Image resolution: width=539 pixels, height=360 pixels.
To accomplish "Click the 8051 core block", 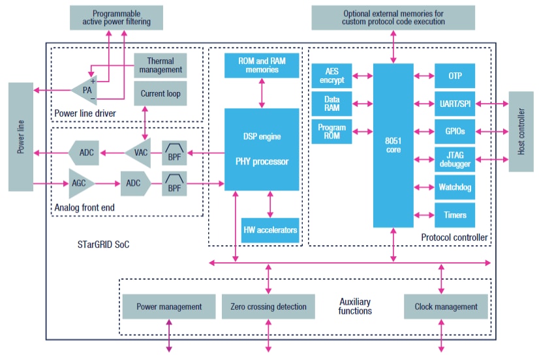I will click(x=393, y=145).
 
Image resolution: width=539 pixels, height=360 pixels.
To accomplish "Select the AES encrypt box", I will click(x=331, y=75).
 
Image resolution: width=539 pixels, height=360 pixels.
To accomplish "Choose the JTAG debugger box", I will click(x=455, y=158).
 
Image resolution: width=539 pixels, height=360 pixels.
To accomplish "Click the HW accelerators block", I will click(x=270, y=230).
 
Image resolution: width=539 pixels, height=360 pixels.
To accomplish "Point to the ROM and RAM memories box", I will click(x=262, y=64).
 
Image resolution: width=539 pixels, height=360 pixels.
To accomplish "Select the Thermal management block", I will click(x=160, y=65).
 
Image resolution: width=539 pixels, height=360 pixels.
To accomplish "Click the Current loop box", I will click(x=160, y=93).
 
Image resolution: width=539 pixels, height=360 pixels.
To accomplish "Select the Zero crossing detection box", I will click(x=268, y=307).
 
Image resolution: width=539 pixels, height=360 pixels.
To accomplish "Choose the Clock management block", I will click(x=446, y=307).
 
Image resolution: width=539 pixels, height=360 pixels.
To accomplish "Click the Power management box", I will click(x=168, y=307).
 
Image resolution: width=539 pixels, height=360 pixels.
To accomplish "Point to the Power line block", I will click(x=20, y=136).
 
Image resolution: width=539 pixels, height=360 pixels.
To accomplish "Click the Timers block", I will click(x=455, y=215).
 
